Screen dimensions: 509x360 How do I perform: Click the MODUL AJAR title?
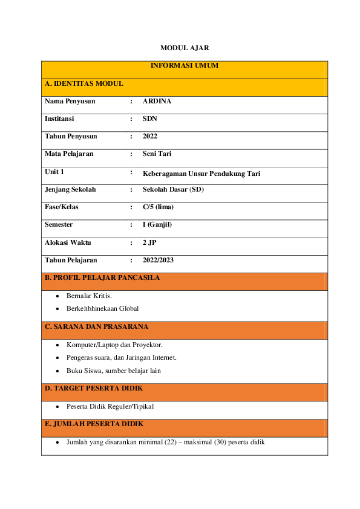click(180, 47)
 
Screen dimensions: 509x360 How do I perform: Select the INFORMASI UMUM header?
click(184, 65)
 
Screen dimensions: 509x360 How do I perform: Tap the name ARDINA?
click(157, 102)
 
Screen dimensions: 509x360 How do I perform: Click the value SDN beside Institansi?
click(149, 119)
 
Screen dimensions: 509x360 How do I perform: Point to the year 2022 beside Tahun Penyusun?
click(150, 137)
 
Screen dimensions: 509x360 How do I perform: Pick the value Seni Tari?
click(157, 154)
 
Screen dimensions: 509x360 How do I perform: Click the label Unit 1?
click(54, 172)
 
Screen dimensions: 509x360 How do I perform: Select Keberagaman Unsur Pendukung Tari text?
click(201, 173)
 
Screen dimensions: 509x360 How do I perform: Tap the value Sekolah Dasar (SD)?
click(173, 190)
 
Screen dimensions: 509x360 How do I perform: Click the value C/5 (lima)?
click(158, 207)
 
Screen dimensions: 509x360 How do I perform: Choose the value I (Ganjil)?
click(157, 225)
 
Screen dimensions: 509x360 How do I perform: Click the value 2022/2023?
click(158, 261)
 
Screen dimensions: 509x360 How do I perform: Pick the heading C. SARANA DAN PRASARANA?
click(96, 327)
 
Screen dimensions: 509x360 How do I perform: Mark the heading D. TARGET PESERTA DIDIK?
click(94, 388)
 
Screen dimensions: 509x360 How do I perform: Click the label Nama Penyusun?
click(70, 102)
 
